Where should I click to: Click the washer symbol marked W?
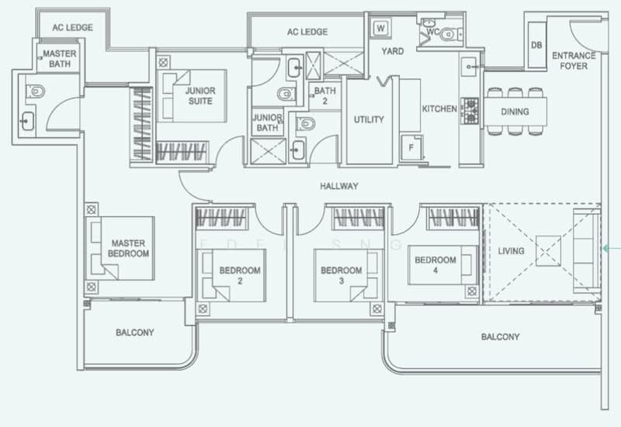380,28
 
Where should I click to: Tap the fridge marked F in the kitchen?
411,147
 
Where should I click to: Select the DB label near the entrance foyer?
536,46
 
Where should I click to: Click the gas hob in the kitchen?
470,112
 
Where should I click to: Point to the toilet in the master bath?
36,91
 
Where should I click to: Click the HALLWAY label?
339,186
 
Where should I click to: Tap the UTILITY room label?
369,119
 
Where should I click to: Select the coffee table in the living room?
549,251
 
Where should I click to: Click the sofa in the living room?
587,251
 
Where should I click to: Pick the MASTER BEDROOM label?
128,248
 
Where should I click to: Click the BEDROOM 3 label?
342,276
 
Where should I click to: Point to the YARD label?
393,51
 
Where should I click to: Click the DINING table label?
515,112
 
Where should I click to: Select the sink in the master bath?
27,122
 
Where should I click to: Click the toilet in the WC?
449,34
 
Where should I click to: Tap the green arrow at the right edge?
611,248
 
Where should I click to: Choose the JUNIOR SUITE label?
200,96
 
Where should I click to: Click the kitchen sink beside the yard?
470,67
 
